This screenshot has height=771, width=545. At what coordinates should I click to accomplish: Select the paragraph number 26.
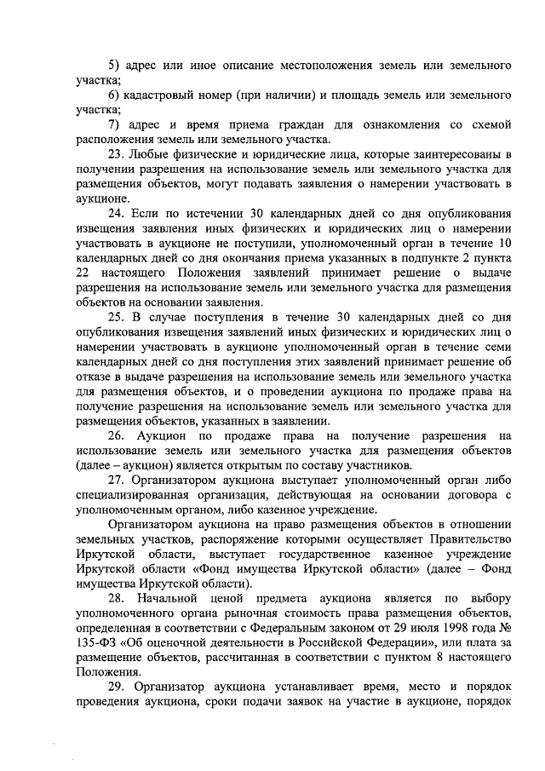click(x=117, y=435)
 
